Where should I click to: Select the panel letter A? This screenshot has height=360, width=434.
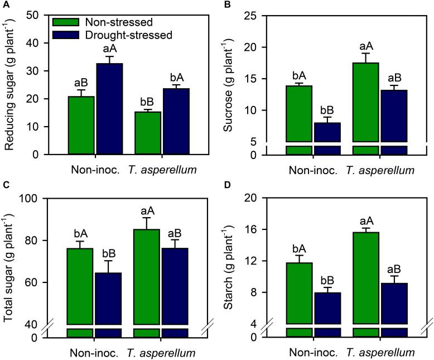4,5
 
